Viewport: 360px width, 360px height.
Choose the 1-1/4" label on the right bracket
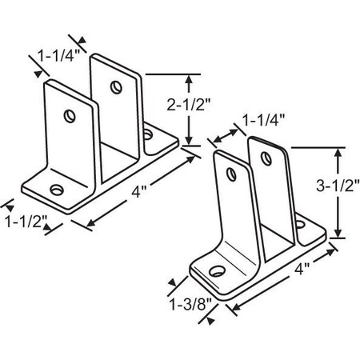coord(263,122)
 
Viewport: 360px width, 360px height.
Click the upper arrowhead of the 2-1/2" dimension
coord(190,78)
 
